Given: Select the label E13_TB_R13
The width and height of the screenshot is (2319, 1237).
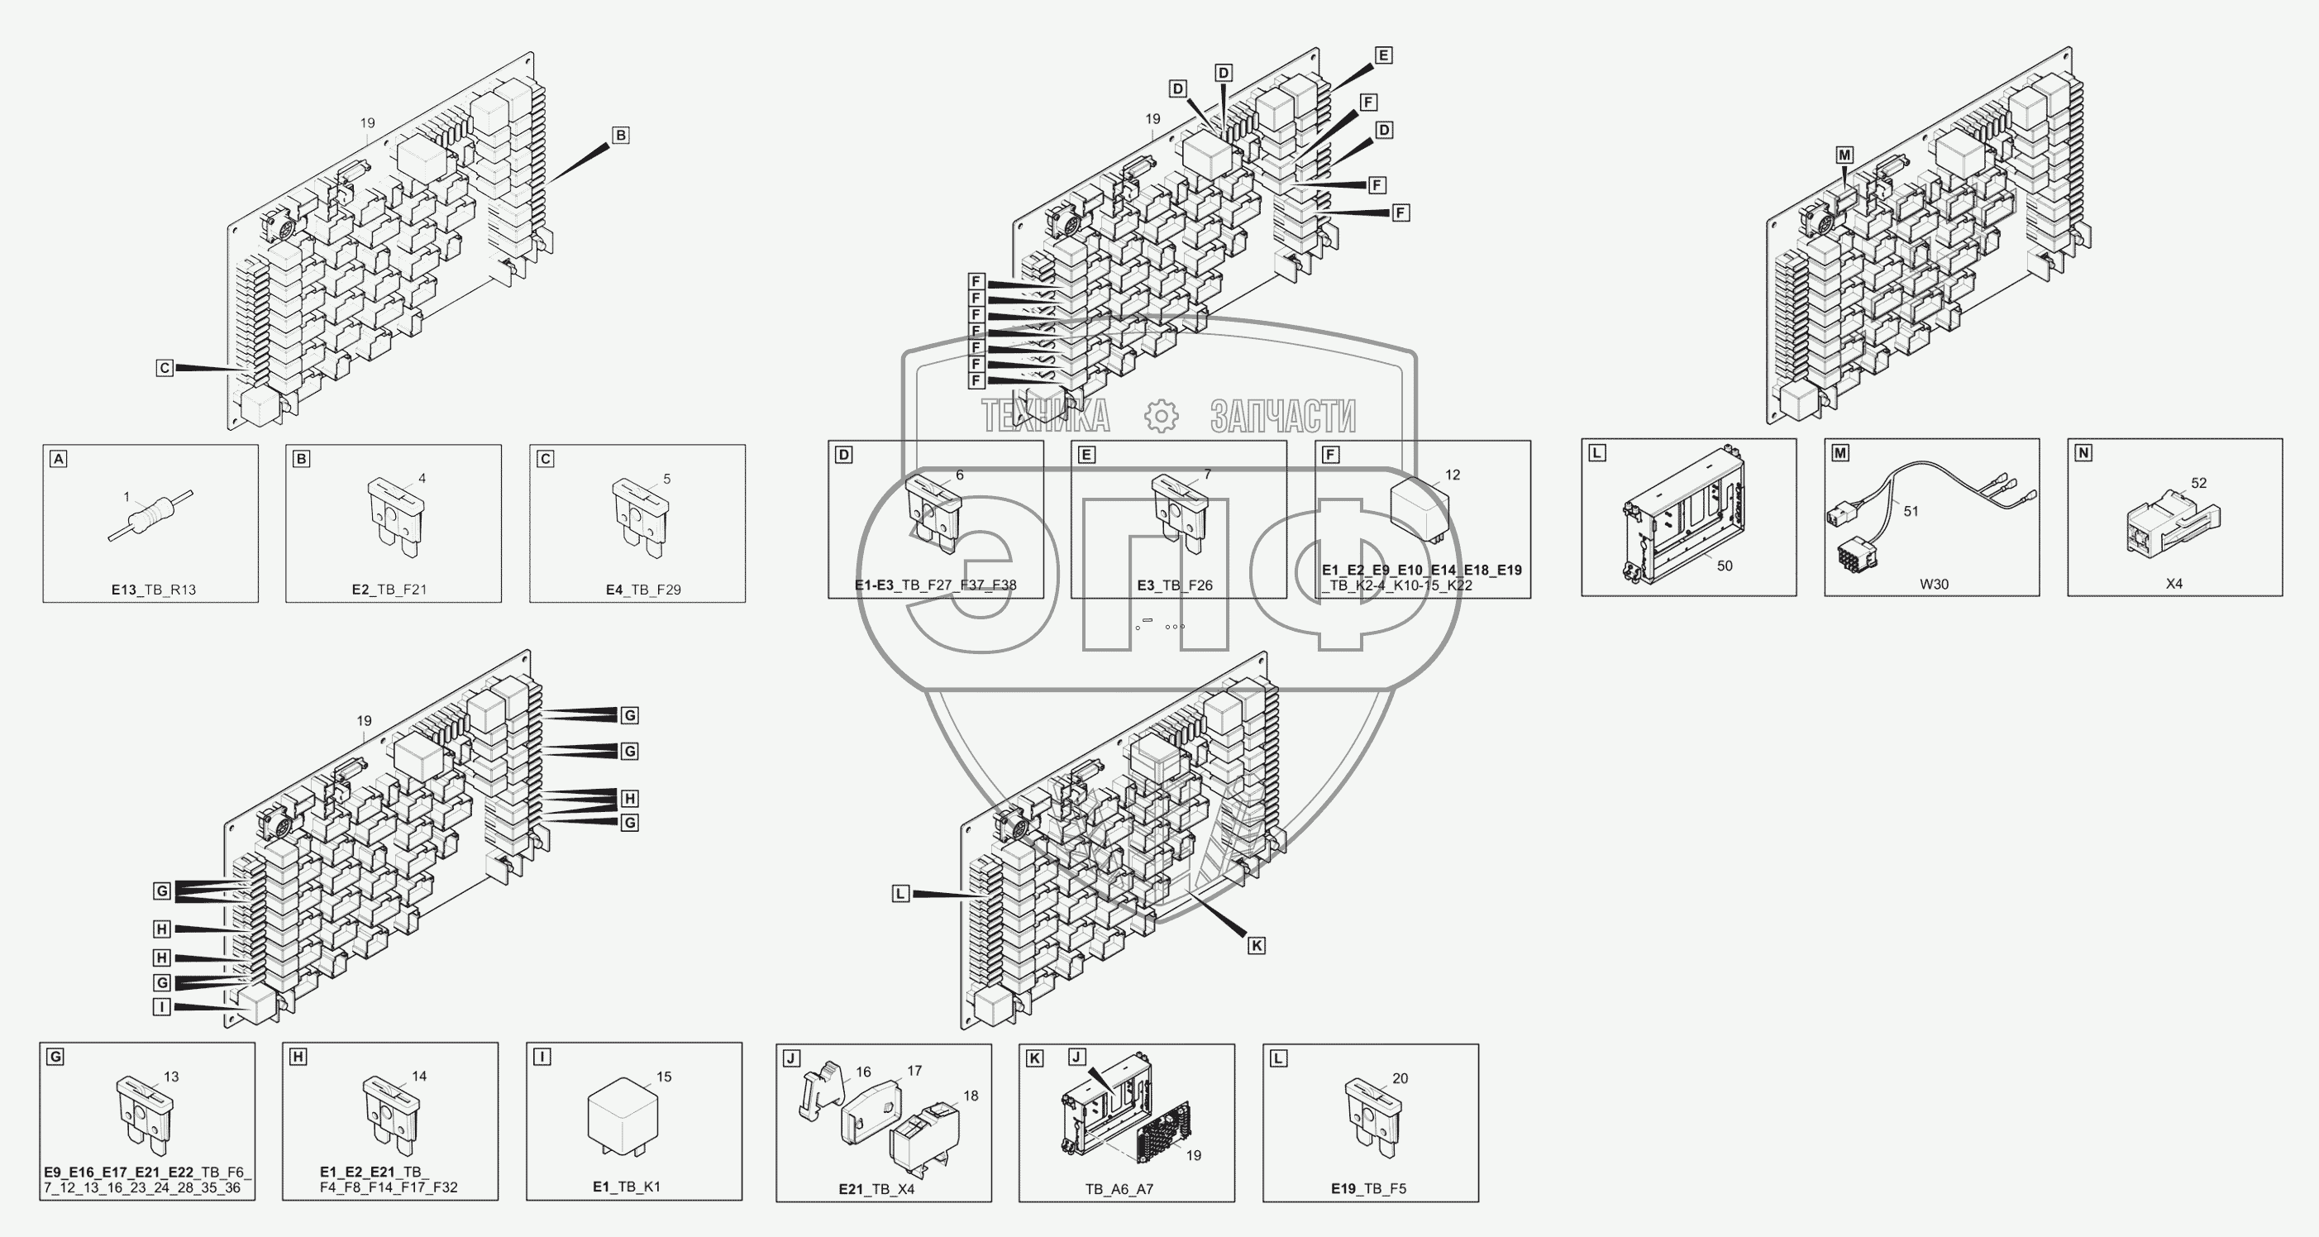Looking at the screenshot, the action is tap(154, 590).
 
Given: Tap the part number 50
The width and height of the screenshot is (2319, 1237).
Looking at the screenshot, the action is tap(1724, 566).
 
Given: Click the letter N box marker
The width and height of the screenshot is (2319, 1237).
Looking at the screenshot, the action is tap(2083, 453).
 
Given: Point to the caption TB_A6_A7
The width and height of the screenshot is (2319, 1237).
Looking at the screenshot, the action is tap(1119, 1188).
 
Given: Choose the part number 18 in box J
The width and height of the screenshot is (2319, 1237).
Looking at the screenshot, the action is tap(971, 1096).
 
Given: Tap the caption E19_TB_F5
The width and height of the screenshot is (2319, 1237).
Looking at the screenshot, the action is tap(1368, 1188).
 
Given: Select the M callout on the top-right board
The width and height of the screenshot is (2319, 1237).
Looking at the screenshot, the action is tap(1844, 155).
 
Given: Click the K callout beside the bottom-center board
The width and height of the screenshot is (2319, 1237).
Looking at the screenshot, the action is tap(1256, 945).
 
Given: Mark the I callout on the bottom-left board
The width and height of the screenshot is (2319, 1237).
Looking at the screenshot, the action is tap(162, 1006).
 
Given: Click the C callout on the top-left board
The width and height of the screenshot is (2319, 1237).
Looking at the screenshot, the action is tap(164, 368).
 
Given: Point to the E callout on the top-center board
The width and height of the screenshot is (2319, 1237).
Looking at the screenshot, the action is tap(1384, 55).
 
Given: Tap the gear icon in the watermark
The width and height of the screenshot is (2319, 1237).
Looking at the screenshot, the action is tap(1161, 416).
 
